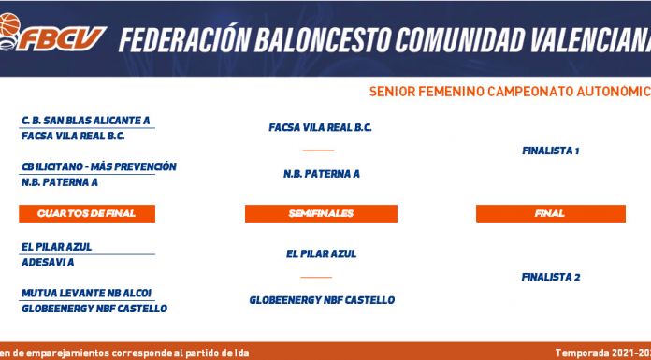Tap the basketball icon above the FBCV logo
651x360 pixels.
(9, 24)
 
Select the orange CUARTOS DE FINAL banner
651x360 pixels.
(87, 213)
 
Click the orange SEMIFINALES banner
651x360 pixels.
(321, 213)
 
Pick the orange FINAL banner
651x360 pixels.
(551, 213)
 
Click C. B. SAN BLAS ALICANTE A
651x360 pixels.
(85, 121)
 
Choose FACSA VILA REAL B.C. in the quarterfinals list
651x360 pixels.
(73, 136)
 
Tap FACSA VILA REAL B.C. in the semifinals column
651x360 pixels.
(320, 127)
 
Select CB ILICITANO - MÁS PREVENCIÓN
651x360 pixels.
(99, 166)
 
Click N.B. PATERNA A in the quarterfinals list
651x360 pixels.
(60, 182)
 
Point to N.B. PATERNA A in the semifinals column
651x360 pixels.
(322, 174)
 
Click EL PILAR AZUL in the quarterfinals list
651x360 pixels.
(56, 247)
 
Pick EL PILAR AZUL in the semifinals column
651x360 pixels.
(322, 253)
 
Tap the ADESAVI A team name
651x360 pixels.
(48, 263)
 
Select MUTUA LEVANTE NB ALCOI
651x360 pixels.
(86, 294)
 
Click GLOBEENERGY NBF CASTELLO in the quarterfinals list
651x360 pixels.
(94, 309)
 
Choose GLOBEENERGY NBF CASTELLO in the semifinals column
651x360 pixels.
(322, 300)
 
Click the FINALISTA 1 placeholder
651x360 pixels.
(551, 151)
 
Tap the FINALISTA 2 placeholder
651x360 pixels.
(551, 277)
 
